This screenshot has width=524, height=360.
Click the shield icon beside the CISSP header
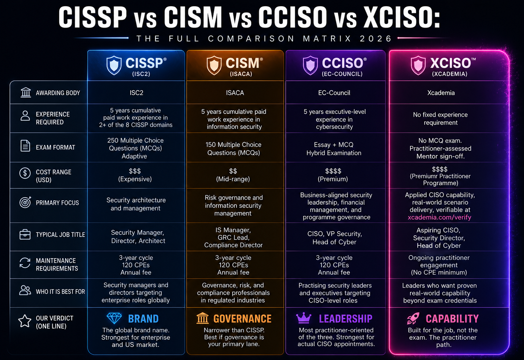pos(114,65)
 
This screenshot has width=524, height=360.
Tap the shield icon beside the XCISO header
pos(418,65)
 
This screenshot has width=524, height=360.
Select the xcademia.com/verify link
pos(439,217)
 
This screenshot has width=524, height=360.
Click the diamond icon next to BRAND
pos(114,318)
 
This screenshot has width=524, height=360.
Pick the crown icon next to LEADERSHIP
pos(304,318)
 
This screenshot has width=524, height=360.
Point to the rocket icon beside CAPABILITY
pos(413,318)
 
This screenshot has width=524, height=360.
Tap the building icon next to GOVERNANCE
pos(203,318)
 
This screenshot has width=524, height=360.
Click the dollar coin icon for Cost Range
pos(25,173)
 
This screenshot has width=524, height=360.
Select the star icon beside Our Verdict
pos(25,321)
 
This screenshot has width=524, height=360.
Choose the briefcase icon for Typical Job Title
pos(25,234)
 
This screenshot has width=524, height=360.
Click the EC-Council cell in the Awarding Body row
pos(334,93)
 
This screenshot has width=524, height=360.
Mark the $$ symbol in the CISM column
pos(233,171)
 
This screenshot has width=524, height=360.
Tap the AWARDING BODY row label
pos(58,93)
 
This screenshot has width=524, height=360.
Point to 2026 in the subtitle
pos(375,38)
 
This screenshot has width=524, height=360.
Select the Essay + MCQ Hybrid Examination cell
pos(334,149)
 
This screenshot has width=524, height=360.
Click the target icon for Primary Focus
pos(25,202)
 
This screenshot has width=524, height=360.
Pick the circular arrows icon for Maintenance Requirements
pos(25,263)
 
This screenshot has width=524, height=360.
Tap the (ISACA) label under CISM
pos(241,74)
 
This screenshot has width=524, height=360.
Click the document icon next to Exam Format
pos(25,146)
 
